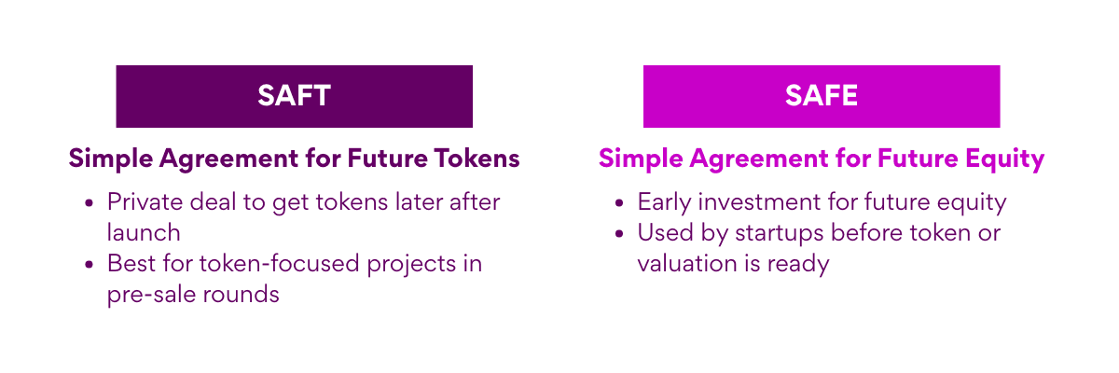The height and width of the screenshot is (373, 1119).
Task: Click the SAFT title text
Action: [294, 95]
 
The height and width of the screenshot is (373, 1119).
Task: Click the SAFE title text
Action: [822, 95]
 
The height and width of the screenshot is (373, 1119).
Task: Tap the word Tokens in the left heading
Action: [477, 159]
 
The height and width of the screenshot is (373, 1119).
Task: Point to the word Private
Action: [145, 202]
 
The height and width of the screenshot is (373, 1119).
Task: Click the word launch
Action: [144, 233]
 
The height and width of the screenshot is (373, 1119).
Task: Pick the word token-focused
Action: [279, 264]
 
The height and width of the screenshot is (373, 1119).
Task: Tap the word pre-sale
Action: [150, 295]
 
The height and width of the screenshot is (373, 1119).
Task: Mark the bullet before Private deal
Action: [90, 202]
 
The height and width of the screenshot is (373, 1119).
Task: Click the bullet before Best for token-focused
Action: [90, 264]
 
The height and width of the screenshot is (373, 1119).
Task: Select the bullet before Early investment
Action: [619, 202]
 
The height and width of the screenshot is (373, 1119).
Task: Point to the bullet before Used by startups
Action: [619, 233]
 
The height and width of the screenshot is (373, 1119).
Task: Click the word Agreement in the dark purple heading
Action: [228, 159]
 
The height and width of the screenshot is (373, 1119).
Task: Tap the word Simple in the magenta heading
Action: [640, 159]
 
